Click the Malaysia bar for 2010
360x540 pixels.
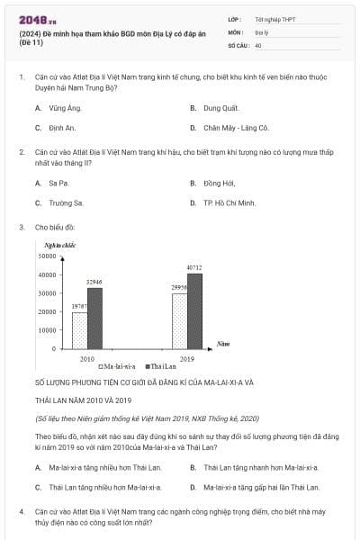click(80, 329)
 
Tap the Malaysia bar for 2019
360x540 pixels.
click(180, 320)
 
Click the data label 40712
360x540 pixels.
click(194, 267)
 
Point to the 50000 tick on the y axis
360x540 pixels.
click(46, 256)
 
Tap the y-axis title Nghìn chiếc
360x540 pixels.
click(57, 244)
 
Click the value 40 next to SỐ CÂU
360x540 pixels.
click(258, 44)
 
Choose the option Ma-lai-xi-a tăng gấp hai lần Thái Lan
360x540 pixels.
click(261, 487)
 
